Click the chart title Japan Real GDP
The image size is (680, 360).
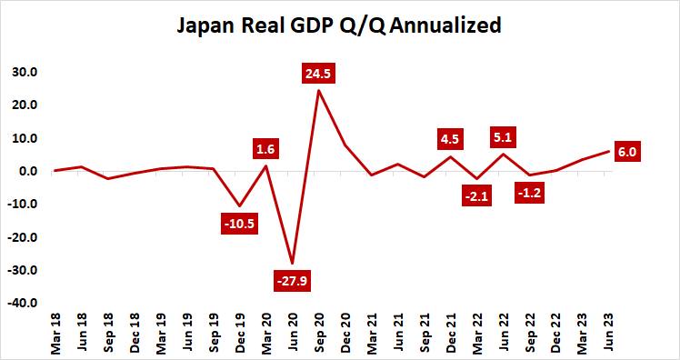pos(339,26)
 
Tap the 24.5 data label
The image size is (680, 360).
pos(319,73)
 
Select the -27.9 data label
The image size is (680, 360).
pos(292,280)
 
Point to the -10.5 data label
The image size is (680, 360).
pos(239,222)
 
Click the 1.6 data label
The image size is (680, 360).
pos(265,148)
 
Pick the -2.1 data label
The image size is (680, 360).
pos(477,195)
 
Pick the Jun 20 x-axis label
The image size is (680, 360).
pos(293,331)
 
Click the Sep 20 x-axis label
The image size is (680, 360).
pos(319,331)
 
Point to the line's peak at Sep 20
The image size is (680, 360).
pos(319,90)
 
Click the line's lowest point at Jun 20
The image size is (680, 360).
pos(293,264)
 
